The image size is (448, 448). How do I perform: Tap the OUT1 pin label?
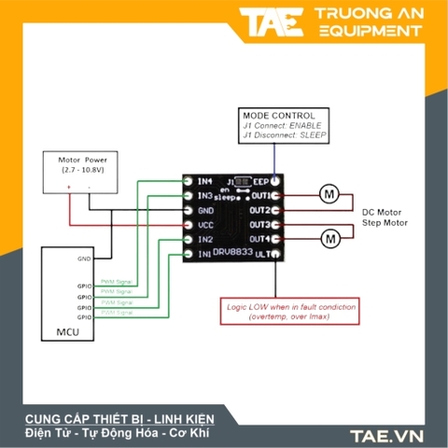pos(260,196)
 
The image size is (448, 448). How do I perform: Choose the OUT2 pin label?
pos(260,211)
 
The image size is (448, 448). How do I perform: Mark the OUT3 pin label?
pos(260,225)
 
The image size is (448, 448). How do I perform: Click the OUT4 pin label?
pos(260,240)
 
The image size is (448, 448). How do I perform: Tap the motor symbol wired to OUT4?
pos(329,240)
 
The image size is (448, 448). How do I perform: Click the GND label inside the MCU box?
pos(84,259)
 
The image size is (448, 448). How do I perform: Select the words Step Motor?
pos(385,223)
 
